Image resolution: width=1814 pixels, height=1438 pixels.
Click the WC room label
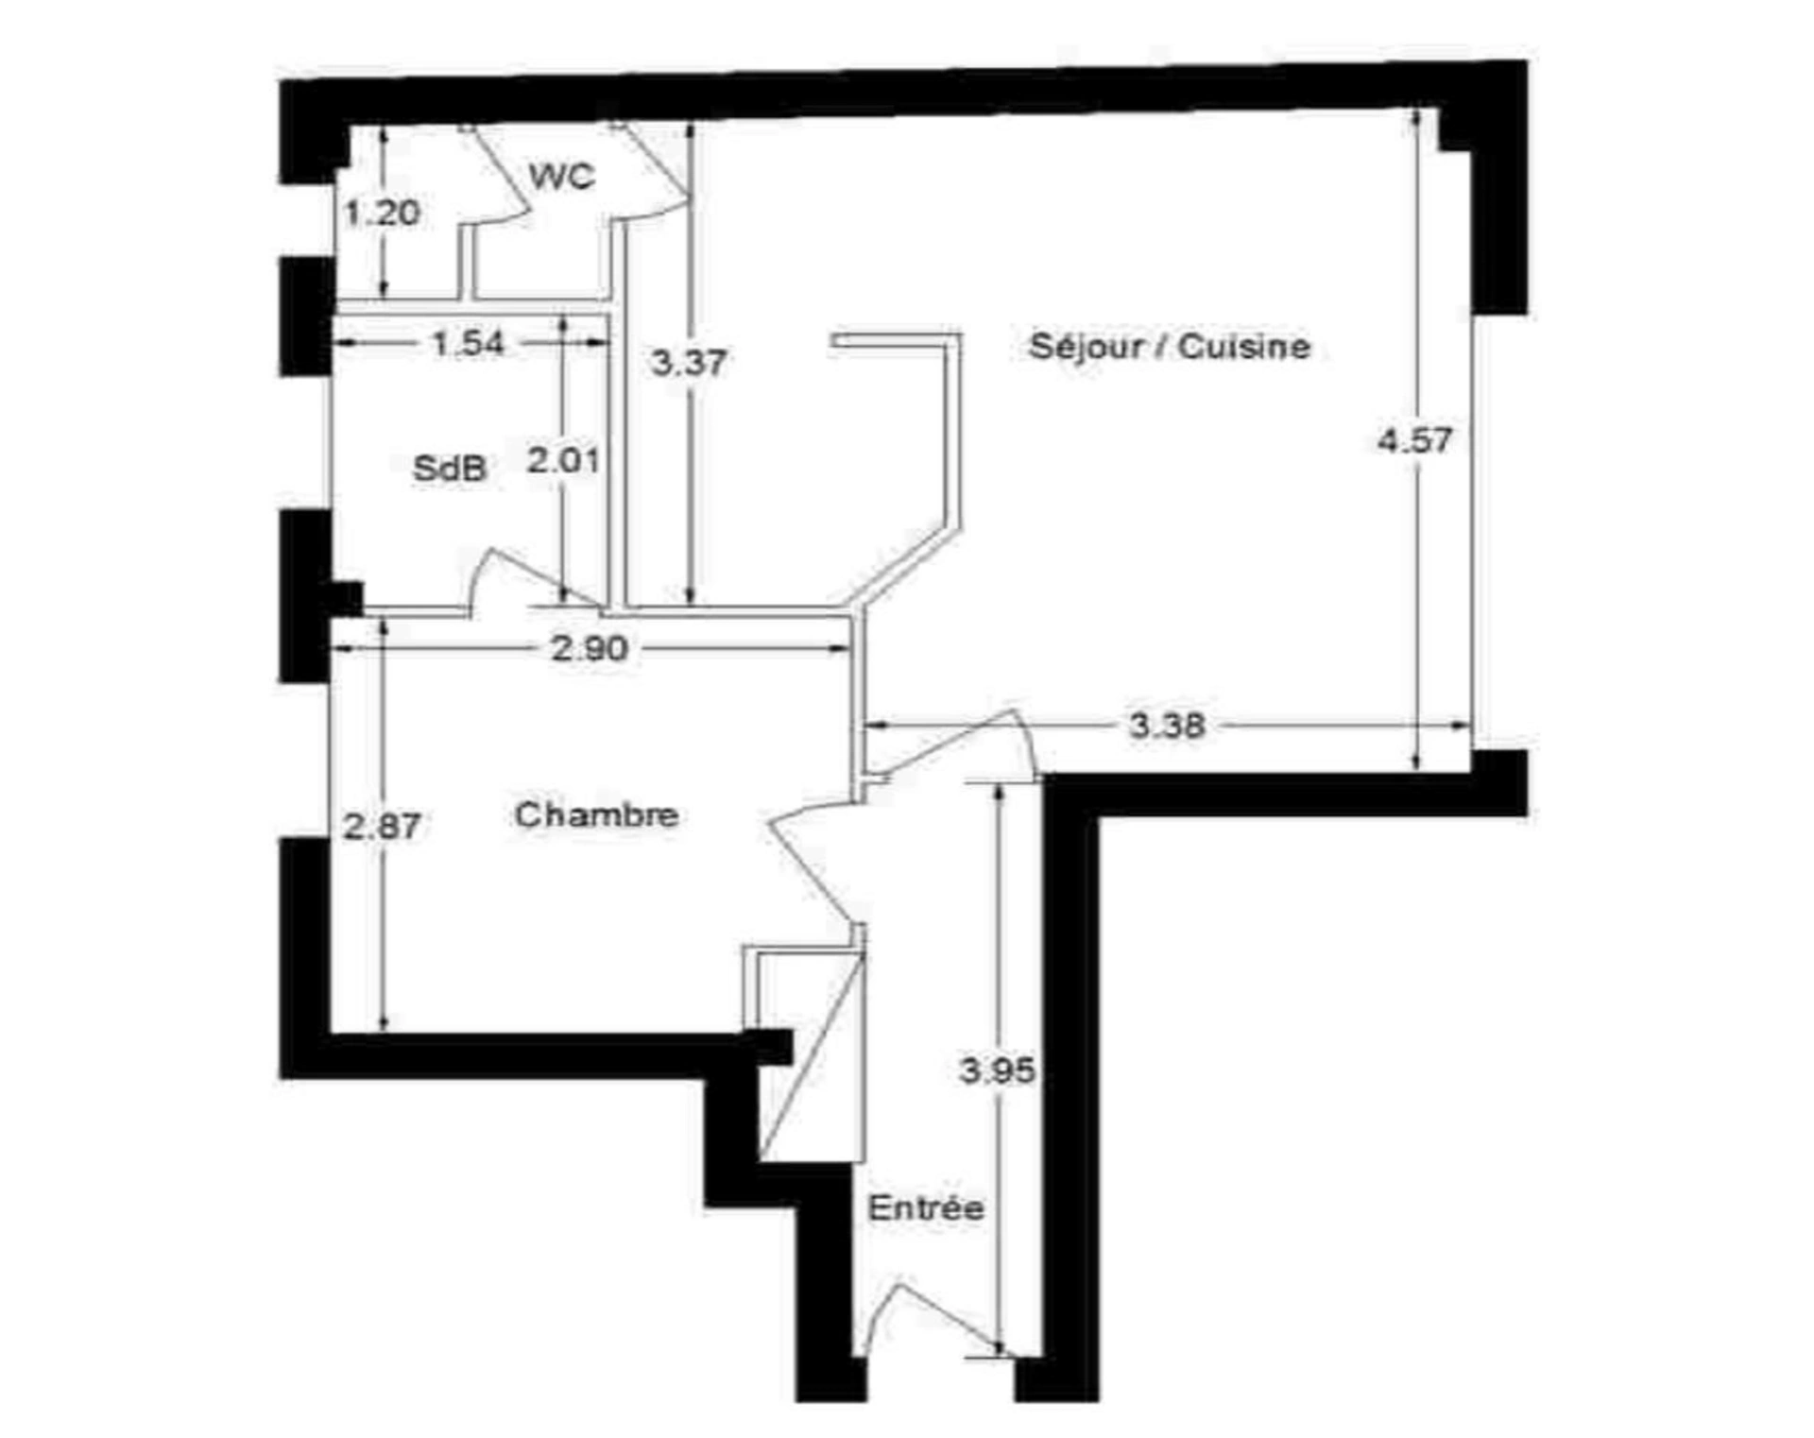coord(562,176)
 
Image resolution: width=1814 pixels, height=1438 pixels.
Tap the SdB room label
coord(450,468)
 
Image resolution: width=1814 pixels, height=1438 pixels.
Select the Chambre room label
coord(596,814)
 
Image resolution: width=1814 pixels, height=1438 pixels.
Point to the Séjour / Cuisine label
coord(1170,346)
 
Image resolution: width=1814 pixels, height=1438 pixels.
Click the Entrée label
coord(926,1207)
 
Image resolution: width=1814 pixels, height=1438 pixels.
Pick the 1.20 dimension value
coord(382,213)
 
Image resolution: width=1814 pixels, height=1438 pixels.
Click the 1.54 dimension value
coord(469,343)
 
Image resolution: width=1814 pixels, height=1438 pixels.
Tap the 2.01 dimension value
coord(564,461)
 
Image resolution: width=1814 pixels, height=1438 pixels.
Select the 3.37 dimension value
coord(689,362)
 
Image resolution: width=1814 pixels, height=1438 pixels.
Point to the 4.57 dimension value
coord(1414,440)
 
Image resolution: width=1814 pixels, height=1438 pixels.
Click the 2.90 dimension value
coord(590,648)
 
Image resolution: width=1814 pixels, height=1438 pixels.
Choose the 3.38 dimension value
coord(1168,726)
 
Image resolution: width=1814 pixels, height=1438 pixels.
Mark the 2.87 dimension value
coord(382,827)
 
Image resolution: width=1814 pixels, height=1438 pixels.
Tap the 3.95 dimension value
coord(998,1070)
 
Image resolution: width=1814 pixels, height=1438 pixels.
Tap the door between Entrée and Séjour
coord(954,746)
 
